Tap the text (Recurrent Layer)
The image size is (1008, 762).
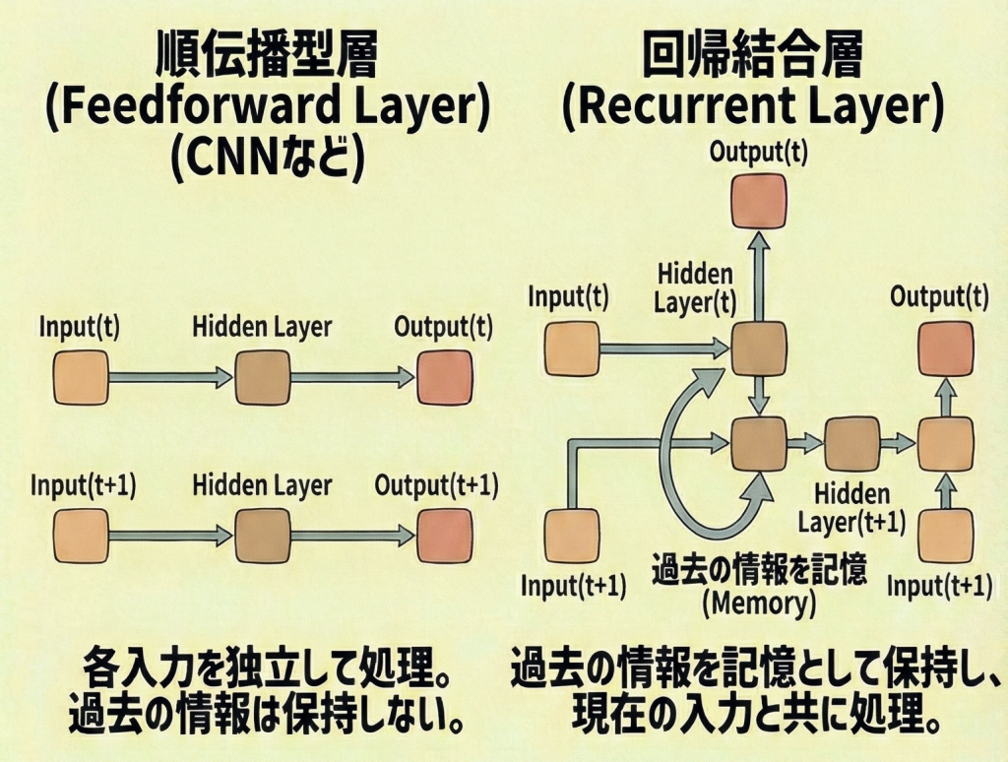tap(753, 108)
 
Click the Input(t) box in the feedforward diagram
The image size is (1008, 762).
tap(80, 377)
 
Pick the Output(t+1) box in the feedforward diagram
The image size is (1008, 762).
tap(444, 536)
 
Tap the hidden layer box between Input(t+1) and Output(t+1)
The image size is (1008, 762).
tap(262, 536)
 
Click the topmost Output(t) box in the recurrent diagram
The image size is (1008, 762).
tap(759, 201)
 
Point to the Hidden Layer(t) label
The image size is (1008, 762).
tap(695, 288)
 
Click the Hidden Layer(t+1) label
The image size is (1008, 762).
tap(851, 508)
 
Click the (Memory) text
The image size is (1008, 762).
tap(759, 603)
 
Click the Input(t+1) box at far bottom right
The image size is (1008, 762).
tap(946, 537)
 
